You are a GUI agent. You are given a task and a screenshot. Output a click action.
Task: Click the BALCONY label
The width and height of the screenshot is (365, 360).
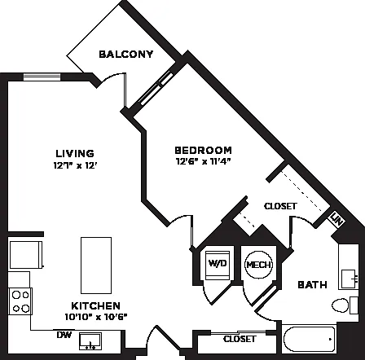click(x=126, y=55)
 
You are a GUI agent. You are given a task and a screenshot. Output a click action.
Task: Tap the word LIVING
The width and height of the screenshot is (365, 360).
click(x=75, y=153)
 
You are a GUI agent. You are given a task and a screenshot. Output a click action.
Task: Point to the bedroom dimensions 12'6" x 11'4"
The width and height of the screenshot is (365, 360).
click(x=203, y=161)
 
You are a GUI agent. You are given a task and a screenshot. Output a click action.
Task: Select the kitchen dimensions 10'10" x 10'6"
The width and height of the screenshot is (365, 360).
click(x=96, y=317)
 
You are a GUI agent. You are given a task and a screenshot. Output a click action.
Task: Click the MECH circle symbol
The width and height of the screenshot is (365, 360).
click(x=258, y=265)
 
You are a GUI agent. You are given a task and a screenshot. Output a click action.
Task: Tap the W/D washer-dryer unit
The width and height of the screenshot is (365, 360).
click(x=218, y=265)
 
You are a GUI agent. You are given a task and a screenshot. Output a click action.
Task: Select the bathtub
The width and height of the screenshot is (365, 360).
click(x=310, y=339)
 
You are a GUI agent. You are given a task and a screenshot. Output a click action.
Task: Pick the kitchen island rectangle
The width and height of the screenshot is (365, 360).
click(x=96, y=266)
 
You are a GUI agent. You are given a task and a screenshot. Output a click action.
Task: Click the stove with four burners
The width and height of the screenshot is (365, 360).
click(x=20, y=301)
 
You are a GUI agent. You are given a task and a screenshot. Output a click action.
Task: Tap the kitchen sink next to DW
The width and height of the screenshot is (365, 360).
click(x=90, y=341)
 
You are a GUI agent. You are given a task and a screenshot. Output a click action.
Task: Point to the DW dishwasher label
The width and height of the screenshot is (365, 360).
click(x=64, y=335)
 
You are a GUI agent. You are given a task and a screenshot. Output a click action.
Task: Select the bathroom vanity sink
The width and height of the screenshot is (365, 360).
click(x=349, y=279)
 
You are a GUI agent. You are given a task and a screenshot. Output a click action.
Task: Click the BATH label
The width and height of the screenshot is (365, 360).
click(x=312, y=285)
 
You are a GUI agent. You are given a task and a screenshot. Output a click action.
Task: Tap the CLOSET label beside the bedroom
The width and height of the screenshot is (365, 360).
click(x=280, y=206)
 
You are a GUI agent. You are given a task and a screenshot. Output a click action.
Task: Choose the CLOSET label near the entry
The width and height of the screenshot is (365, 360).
click(x=240, y=339)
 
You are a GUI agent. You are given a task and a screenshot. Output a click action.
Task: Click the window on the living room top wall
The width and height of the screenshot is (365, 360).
click(x=42, y=77)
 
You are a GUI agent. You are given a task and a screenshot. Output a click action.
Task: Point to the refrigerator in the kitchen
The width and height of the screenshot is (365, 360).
click(x=26, y=255)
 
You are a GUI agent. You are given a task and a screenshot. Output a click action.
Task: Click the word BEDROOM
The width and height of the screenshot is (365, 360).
click(x=203, y=150)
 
